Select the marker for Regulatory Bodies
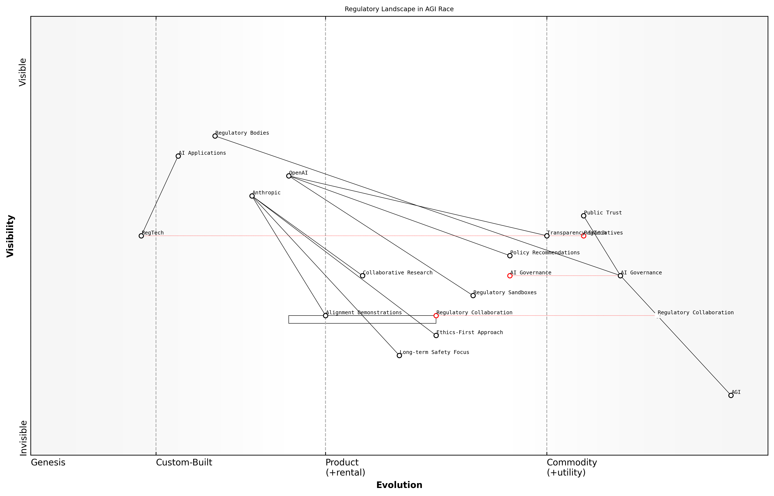click(215, 136)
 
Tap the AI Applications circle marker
click(178, 156)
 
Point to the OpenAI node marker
click(289, 176)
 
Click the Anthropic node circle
click(252, 196)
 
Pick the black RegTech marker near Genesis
click(141, 236)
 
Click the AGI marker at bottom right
click(731, 395)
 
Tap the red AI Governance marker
click(510, 276)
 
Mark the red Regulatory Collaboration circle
click(436, 316)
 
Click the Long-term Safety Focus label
click(434, 352)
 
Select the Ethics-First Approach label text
click(470, 332)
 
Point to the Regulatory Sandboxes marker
click(473, 296)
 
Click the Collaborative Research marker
click(362, 276)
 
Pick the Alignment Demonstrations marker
click(325, 316)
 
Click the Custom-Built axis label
click(184, 462)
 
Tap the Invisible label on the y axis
click(23, 438)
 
